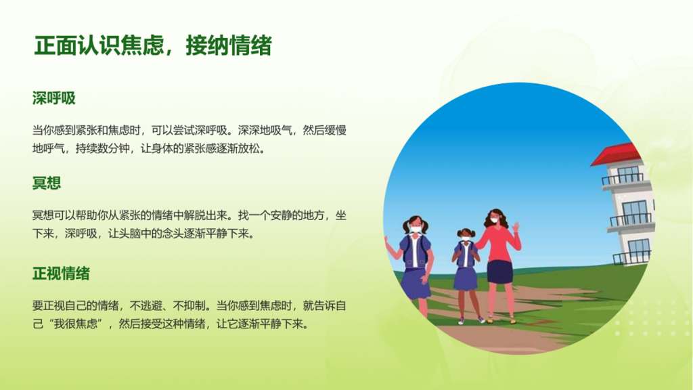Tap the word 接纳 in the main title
207,45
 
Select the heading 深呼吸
54,98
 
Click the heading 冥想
47,183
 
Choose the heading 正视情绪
61,274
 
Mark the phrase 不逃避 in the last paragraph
146,306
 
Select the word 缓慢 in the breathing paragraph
336,131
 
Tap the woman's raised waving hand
515,227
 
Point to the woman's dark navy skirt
500,272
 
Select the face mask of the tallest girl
416,229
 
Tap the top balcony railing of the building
623,179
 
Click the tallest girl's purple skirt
415,283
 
